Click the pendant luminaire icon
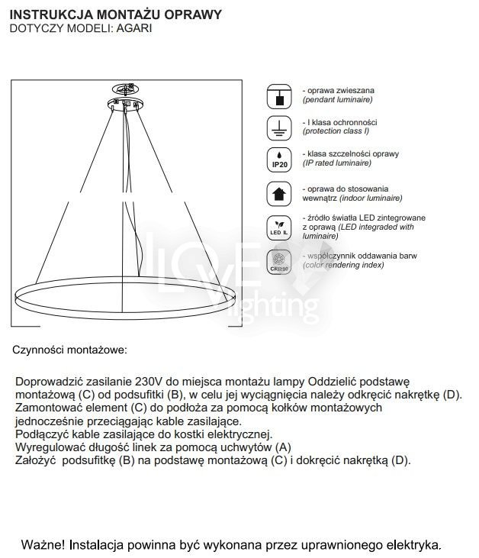pos(279,96)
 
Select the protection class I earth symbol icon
pos(279,128)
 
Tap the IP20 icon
pos(279,160)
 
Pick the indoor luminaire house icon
pos(279,193)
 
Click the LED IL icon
pos(279,226)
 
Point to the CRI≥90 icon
pos(279,260)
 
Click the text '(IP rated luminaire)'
pos(337,163)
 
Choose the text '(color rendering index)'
pos(342,264)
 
